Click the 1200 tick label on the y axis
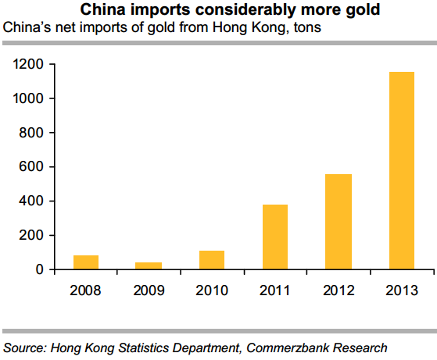tap(27, 64)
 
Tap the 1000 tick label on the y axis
tap(27, 98)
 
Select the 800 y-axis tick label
tap(30, 133)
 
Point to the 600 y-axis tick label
tap(30, 167)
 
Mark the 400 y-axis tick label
tap(30, 201)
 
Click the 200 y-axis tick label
tap(30, 236)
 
